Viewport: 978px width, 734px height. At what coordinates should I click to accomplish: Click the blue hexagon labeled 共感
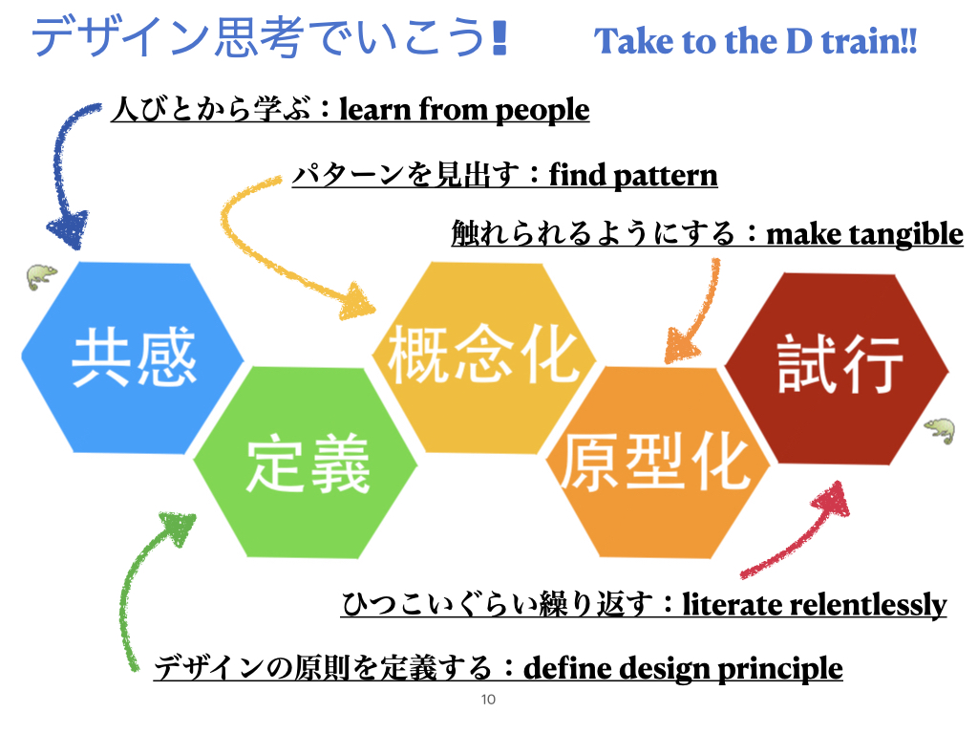coord(132,357)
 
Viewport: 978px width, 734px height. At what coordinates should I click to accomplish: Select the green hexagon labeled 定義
coord(305,462)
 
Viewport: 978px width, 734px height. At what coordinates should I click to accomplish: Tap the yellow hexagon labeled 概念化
coord(484,357)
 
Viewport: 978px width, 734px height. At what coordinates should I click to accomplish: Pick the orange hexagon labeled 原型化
coord(657,462)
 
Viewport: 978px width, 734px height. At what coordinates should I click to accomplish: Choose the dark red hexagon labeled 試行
coord(837,368)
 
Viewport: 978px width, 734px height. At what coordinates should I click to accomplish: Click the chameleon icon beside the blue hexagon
coord(41,276)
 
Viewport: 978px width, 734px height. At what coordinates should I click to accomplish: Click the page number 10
coord(488,700)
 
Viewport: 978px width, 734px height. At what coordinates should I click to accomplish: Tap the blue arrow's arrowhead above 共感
coord(69,229)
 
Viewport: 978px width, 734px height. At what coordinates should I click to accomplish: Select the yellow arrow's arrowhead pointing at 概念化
coord(357,302)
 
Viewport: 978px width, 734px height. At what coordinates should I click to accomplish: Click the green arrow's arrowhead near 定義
coord(179,528)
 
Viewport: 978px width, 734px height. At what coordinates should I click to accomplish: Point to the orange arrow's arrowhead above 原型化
coord(681,346)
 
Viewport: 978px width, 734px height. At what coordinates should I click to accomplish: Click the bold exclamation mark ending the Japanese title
coord(499,37)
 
